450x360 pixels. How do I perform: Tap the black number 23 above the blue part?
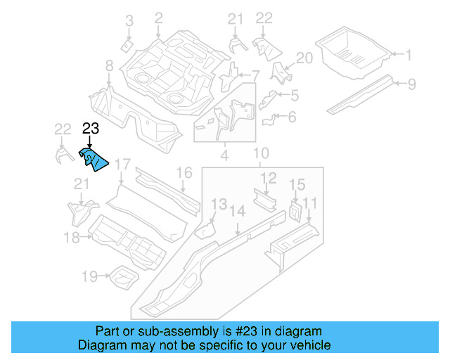point(91,128)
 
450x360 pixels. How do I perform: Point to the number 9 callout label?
point(412,84)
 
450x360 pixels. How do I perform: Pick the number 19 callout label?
point(89,276)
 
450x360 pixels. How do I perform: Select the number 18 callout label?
point(72,238)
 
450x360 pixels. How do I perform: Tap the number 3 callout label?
point(129,21)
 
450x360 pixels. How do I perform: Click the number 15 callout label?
point(297,184)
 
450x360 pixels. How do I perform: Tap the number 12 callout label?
point(269,177)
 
